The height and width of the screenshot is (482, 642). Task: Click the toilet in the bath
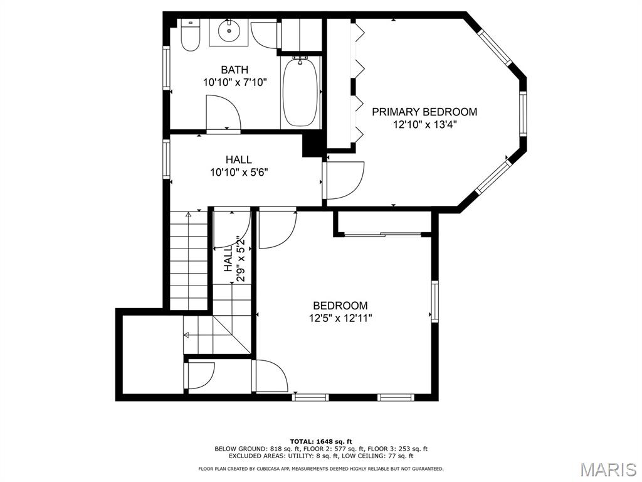(x=189, y=35)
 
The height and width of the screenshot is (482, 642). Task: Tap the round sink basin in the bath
(x=228, y=30)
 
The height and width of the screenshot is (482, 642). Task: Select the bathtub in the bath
(x=300, y=92)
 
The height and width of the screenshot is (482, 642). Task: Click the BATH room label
(x=234, y=70)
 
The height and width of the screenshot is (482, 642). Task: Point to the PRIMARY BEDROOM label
(x=424, y=112)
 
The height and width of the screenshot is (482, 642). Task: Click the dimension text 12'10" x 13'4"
(x=424, y=125)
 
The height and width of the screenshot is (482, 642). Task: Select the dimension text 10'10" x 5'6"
(x=239, y=172)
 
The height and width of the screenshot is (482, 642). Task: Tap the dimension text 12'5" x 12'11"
(x=340, y=318)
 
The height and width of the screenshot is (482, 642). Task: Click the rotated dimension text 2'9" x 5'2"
(x=241, y=258)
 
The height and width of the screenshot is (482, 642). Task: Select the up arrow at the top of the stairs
(x=188, y=215)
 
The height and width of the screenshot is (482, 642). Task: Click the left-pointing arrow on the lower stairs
(x=186, y=335)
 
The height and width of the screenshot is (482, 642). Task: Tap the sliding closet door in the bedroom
(x=382, y=235)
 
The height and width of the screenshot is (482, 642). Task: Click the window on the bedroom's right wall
(x=435, y=301)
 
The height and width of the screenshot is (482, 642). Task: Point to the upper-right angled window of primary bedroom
(x=496, y=49)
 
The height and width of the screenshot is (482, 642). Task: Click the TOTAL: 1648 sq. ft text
(x=321, y=441)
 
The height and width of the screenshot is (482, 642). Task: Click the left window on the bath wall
(x=166, y=68)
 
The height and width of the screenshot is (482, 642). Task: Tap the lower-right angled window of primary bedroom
(x=494, y=176)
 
